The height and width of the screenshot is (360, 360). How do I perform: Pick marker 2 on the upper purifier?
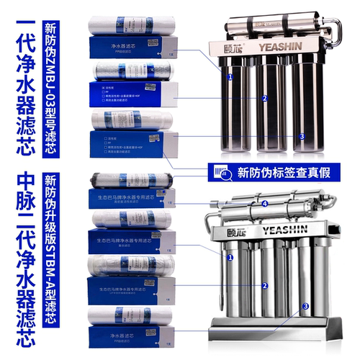264,98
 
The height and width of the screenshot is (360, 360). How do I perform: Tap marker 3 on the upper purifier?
302,136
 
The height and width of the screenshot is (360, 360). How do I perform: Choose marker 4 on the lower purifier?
264,204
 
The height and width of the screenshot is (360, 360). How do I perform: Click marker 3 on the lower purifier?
305,306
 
